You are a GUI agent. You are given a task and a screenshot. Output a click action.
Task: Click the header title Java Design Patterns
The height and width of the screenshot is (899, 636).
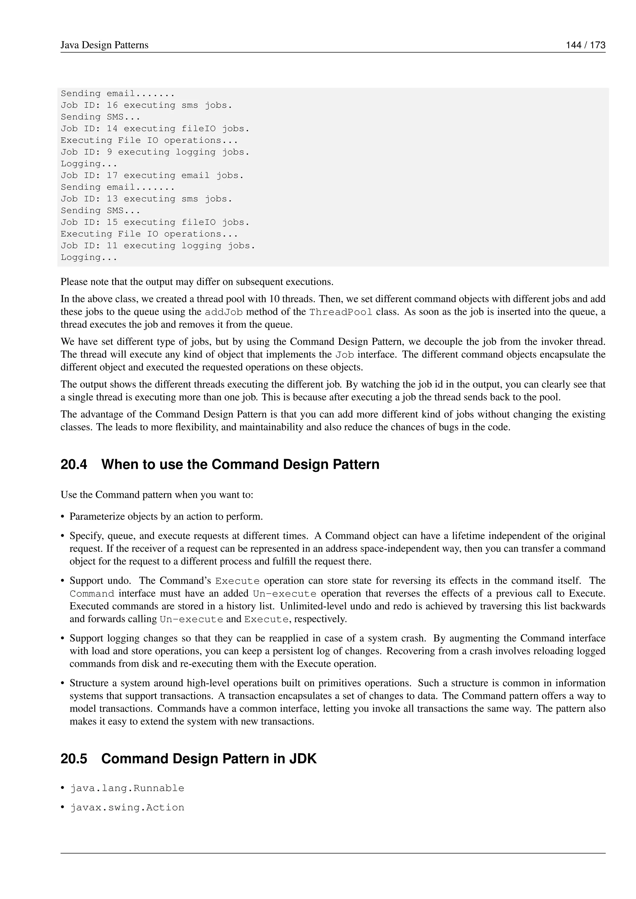(x=104, y=45)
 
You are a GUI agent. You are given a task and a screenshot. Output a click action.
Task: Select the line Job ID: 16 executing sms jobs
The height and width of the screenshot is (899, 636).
(x=147, y=105)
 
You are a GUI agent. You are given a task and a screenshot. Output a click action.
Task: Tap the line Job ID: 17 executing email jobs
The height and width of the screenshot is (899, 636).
(x=152, y=175)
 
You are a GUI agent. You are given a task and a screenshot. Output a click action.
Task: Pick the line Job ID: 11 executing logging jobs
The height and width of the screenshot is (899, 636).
(x=158, y=246)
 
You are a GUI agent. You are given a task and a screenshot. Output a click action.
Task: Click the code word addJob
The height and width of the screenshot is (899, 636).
(x=224, y=312)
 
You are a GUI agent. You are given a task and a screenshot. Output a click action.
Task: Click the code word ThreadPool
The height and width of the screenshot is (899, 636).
(x=340, y=312)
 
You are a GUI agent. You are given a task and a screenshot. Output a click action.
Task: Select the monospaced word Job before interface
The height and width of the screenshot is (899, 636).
(x=345, y=355)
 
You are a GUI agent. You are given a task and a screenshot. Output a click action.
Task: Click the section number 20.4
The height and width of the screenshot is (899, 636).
(x=74, y=464)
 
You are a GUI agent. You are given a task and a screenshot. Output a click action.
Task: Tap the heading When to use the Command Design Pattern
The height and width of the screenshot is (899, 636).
(x=240, y=464)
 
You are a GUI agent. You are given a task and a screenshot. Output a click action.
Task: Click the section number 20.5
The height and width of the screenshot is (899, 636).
(x=74, y=759)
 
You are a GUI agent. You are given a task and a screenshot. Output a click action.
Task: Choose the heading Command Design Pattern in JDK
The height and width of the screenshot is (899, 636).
(x=209, y=759)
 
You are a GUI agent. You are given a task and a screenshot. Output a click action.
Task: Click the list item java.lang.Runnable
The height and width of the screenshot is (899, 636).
(x=127, y=788)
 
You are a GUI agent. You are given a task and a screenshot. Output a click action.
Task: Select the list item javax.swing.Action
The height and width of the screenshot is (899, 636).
(x=127, y=808)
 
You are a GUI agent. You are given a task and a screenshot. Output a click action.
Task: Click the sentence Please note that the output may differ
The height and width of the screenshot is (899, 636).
(x=197, y=282)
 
